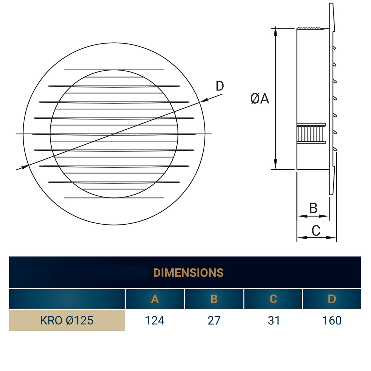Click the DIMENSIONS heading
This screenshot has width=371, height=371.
188,273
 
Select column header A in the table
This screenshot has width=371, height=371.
155,299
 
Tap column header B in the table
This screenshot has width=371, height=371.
214,299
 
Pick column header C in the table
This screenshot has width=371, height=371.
273,299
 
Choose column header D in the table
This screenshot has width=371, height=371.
332,299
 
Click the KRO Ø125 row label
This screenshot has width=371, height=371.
67,320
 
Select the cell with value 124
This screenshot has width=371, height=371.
155,320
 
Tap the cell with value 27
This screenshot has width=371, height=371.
214,320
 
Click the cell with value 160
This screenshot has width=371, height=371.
332,320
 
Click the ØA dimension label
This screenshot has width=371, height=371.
260,99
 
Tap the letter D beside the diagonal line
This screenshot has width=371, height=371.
220,86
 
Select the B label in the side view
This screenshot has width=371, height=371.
313,208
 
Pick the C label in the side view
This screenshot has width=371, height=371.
316,231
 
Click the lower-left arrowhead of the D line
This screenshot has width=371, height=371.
24,167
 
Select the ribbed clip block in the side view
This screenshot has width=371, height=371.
311,134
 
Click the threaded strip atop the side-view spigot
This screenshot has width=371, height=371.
310,28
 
